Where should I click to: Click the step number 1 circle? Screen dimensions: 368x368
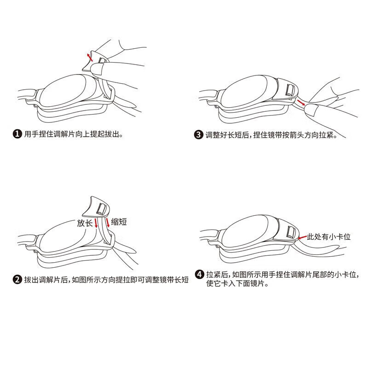(x=17, y=134)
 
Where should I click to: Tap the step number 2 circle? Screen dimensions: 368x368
(x=17, y=280)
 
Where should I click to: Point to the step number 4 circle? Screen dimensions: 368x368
(x=199, y=275)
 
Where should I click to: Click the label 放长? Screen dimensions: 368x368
(x=85, y=223)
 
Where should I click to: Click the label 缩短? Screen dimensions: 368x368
(x=119, y=222)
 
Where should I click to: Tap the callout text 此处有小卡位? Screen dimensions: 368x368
(x=329, y=237)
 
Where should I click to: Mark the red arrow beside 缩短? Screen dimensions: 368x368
(x=107, y=223)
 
